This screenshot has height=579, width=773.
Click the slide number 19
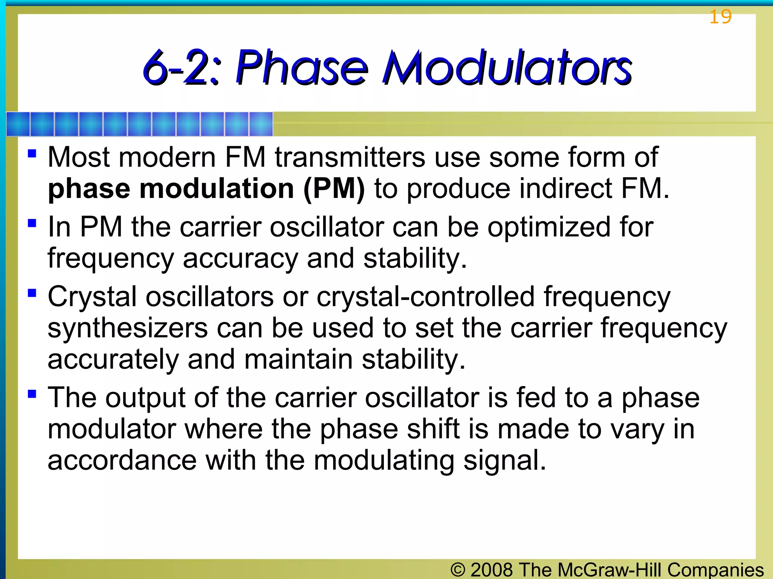[x=720, y=17]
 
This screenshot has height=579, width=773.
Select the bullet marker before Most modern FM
[x=32, y=153]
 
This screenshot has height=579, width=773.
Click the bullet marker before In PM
[x=32, y=223]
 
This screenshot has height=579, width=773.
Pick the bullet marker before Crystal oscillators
[x=32, y=293]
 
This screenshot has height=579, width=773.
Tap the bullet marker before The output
[x=32, y=394]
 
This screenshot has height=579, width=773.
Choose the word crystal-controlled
[x=425, y=297]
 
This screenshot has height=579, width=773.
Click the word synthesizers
[x=128, y=328]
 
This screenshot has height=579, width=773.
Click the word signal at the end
[x=504, y=461]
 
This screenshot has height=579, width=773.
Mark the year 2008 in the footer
[x=492, y=570]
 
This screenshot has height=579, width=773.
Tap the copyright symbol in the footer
[x=458, y=570]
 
